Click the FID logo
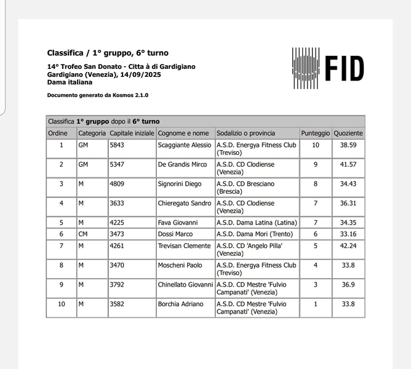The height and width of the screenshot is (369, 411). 328,68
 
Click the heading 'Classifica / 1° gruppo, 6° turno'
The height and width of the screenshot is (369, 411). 108,53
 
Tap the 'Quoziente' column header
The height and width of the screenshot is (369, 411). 348,133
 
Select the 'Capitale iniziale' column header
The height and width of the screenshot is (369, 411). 132,133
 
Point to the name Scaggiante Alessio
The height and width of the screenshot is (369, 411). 185,145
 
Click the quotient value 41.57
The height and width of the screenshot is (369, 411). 348,164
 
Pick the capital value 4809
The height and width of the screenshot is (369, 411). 117,183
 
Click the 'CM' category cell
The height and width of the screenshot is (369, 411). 83,234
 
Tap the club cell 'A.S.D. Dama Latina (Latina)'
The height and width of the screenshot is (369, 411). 257,222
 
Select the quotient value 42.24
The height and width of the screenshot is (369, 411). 348,246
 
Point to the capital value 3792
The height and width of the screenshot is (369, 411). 117,285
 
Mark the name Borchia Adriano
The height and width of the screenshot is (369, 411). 182,304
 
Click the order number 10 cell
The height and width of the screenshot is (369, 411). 61,304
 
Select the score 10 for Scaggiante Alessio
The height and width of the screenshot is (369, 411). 316,145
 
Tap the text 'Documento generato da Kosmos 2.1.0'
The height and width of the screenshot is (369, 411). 98,95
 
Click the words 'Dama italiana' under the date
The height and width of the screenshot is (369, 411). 70,82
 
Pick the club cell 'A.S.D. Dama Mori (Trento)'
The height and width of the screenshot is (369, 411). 255,234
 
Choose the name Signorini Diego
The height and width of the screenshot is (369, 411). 180,183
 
